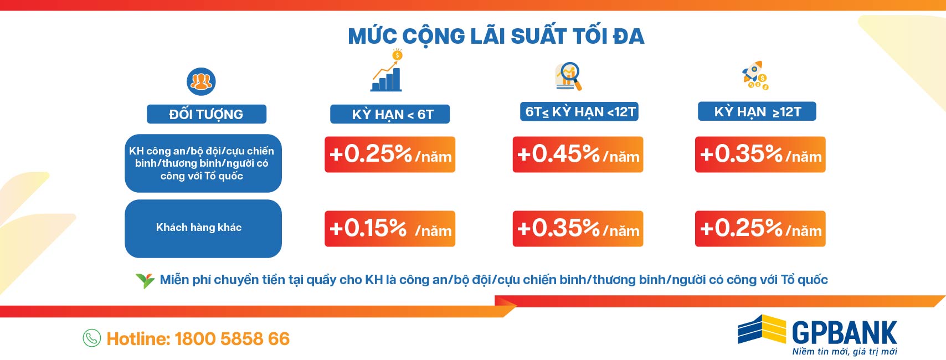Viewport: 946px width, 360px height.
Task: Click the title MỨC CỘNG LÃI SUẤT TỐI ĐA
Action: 496,37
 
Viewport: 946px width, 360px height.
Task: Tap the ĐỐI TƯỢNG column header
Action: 207,114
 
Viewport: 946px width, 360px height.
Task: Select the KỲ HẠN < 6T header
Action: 390,114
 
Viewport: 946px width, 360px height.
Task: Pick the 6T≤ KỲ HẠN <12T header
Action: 579,111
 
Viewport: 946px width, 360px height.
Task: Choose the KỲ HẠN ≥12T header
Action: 757,111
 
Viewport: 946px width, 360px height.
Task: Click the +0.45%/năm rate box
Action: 578,154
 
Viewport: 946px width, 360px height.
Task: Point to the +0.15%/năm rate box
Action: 390,229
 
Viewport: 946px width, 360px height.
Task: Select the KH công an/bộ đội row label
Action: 203,163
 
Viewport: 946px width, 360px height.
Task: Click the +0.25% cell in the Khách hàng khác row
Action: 760,229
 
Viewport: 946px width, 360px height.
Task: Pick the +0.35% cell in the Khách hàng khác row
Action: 578,229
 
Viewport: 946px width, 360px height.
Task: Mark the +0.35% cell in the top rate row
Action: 760,154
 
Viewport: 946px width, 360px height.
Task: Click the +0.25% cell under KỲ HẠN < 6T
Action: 390,154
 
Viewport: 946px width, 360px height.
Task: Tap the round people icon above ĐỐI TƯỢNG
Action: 201,81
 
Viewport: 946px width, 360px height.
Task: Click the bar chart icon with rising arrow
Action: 387,70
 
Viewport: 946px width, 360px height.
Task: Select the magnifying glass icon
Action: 568,76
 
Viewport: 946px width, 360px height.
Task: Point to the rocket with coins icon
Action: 755,75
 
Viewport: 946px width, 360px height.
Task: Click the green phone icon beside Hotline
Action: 91,338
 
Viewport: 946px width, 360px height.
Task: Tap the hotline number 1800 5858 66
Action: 232,339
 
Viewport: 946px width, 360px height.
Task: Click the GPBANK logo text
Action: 844,333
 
